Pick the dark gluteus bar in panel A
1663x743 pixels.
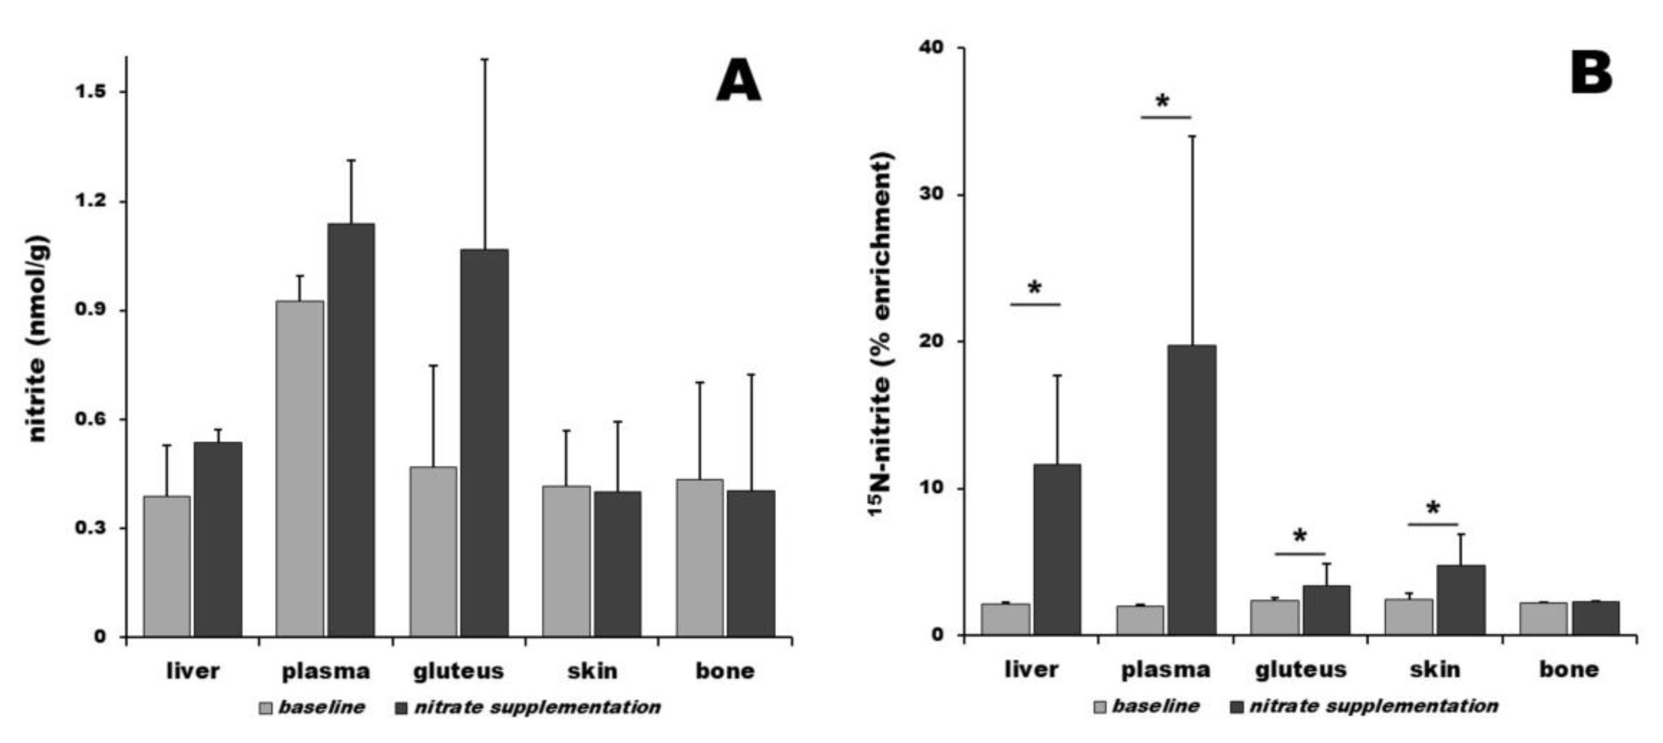point(484,442)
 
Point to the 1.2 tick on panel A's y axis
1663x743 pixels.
point(90,201)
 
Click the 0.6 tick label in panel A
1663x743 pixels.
point(90,419)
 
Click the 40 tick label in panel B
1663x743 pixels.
point(932,48)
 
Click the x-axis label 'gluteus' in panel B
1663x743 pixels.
point(1301,670)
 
